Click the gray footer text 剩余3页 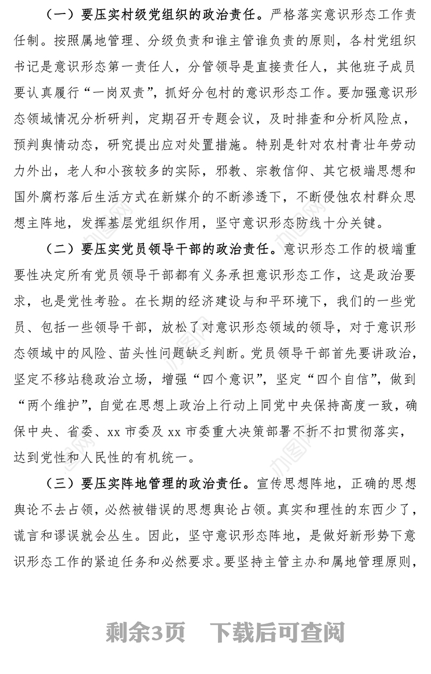tap(145, 632)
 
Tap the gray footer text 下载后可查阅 tap(277, 632)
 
